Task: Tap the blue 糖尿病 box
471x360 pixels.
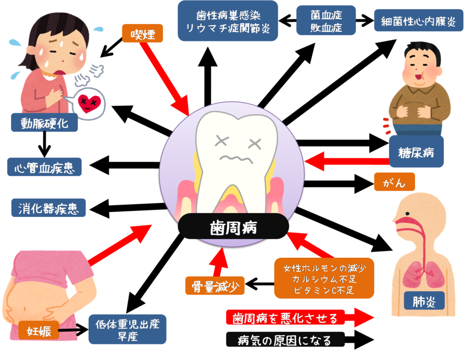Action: click(x=416, y=151)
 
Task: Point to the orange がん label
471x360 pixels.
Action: click(x=394, y=182)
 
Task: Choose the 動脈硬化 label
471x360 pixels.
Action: click(x=44, y=123)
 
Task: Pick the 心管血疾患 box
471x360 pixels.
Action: click(x=45, y=167)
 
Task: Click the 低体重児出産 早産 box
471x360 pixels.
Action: click(x=127, y=329)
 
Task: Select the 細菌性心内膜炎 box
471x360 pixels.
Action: click(x=419, y=21)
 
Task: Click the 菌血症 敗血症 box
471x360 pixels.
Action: click(x=326, y=21)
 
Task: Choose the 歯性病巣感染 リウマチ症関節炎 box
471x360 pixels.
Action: click(x=228, y=21)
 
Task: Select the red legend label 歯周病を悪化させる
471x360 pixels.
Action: click(x=285, y=318)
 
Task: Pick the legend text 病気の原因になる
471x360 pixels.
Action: click(x=285, y=340)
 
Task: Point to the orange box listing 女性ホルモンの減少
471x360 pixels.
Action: click(x=324, y=278)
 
